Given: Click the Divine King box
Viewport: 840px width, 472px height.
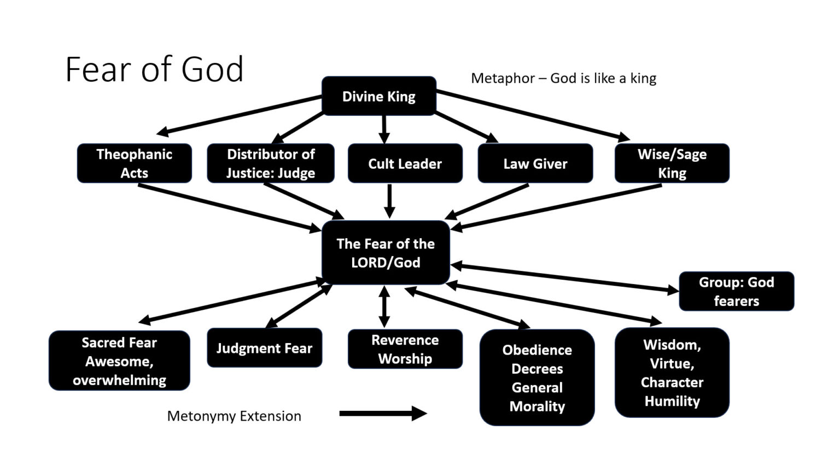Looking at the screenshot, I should click(x=378, y=96).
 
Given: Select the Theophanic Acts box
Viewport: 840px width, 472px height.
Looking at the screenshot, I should click(x=134, y=163).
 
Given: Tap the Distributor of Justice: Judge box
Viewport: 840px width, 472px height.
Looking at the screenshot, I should click(x=270, y=163).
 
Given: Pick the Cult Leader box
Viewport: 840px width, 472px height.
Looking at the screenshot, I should click(x=405, y=163).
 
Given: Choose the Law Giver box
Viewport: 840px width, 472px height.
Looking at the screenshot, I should click(x=535, y=163).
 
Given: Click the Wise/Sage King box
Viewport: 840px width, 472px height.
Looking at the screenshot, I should click(x=672, y=163).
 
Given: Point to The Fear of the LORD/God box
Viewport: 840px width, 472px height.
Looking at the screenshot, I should click(x=386, y=253).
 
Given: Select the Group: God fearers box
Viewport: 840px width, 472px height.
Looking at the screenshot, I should click(x=736, y=291).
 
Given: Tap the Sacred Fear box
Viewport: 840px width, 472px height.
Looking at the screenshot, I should click(x=119, y=361).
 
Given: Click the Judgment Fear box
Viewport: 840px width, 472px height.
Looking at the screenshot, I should click(x=264, y=348).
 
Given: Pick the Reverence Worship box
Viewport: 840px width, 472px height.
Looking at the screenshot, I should click(x=405, y=349).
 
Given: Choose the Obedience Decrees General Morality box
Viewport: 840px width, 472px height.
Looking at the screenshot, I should click(x=537, y=377).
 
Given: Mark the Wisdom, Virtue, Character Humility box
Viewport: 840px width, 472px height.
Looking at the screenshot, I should click(x=672, y=373).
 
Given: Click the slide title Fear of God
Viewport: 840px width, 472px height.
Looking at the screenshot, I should click(x=154, y=69).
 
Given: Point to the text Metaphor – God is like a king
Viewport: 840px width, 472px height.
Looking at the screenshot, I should click(x=563, y=78).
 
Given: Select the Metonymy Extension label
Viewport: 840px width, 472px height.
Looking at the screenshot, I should click(x=234, y=416).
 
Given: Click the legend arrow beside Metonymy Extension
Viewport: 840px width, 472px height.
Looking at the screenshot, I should click(x=382, y=414).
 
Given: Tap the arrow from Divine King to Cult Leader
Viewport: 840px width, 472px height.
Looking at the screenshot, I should click(x=384, y=129).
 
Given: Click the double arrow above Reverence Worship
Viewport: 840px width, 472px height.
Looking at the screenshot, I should click(x=384, y=306).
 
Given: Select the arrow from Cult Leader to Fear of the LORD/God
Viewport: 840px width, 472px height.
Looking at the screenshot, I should click(x=389, y=201).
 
